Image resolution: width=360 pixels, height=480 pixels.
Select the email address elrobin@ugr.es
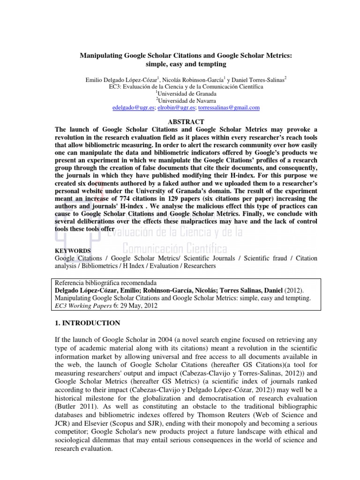[x=175, y=108]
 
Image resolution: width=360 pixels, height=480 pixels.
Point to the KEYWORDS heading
[x=73, y=251]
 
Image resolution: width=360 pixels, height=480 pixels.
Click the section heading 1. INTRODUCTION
[x=88, y=323]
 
